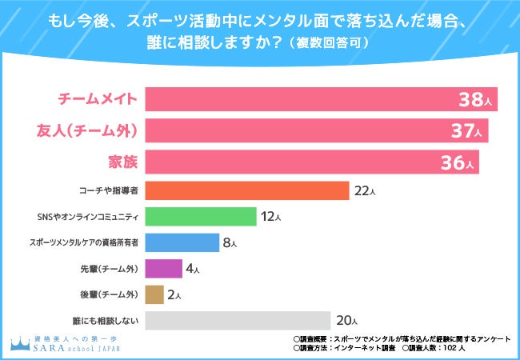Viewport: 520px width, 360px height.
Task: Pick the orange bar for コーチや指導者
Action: (247, 191)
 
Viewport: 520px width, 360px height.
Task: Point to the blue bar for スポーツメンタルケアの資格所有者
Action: (182, 242)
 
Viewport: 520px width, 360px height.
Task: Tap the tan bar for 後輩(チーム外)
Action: (155, 294)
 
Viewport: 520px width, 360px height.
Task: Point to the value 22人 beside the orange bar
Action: (365, 191)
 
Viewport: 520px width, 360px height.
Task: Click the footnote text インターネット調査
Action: (370, 349)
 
